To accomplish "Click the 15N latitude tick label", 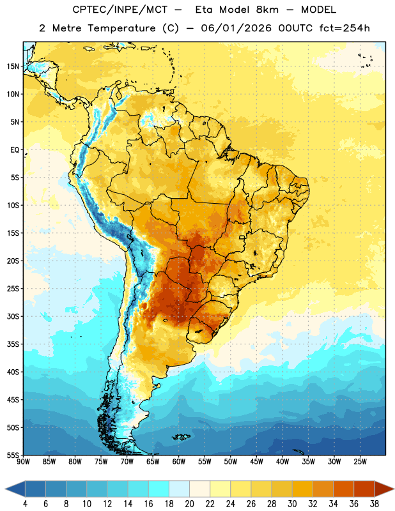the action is (x=13, y=66).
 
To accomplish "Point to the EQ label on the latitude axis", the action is (x=15, y=150).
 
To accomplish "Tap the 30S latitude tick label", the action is (x=13, y=316).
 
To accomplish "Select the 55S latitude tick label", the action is (x=13, y=455).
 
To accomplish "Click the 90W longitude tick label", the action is (x=23, y=461).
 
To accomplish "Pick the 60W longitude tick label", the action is (x=179, y=461).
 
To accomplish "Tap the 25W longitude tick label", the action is (x=360, y=461).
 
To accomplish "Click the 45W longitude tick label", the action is (x=256, y=461).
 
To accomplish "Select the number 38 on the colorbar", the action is (x=374, y=504).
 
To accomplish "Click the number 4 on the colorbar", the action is (x=25, y=504).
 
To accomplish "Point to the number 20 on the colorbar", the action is (x=189, y=504).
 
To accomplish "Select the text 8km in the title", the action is (x=267, y=10).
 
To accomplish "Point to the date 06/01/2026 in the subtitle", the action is (x=236, y=28).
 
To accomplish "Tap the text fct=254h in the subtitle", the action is (x=345, y=28).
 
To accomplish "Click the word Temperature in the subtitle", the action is (x=121, y=29).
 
